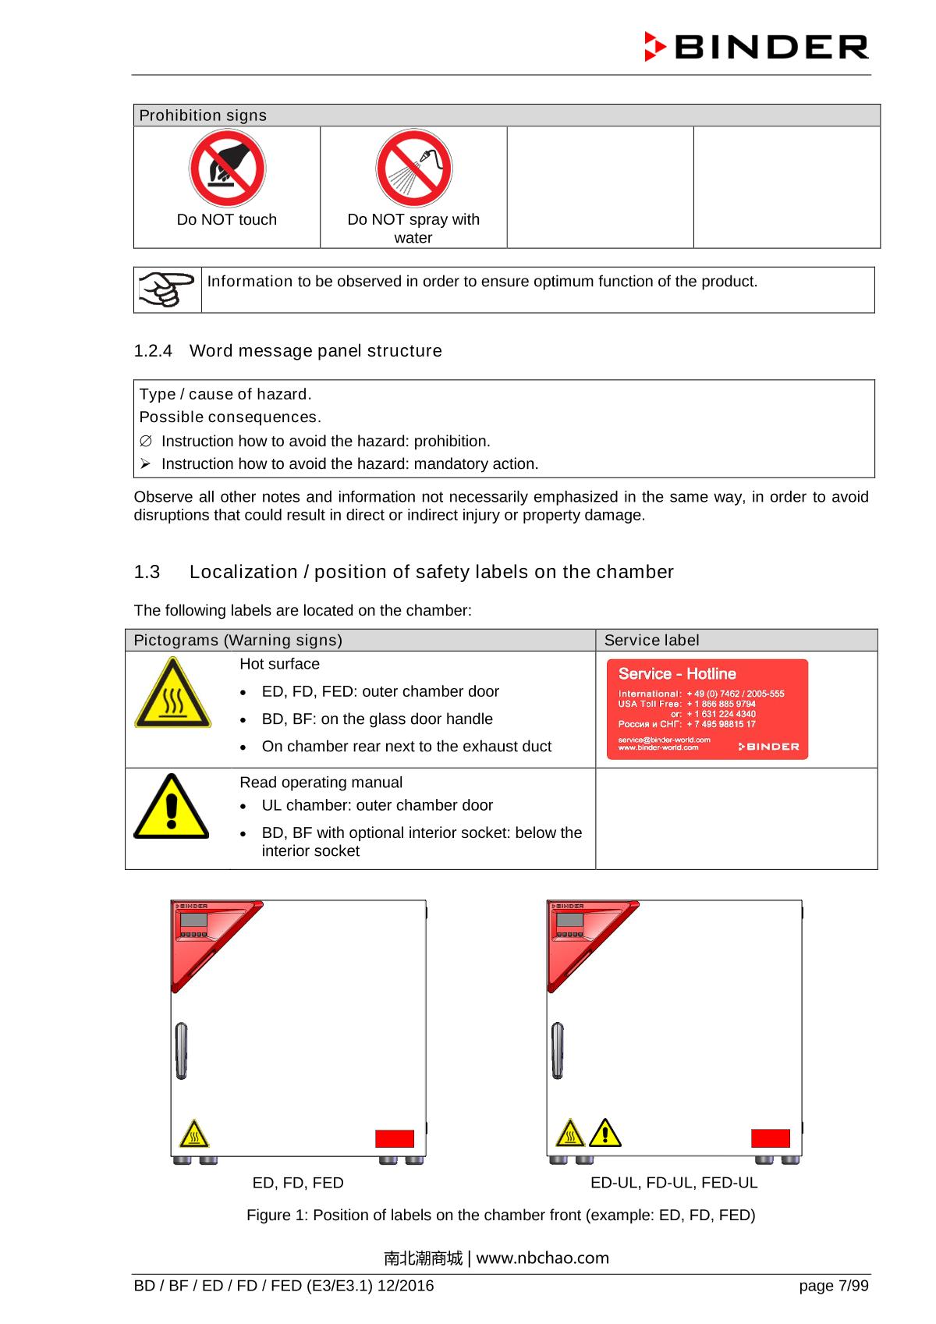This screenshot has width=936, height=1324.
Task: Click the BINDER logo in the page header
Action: (756, 47)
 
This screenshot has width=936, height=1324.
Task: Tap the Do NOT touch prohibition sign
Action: (227, 169)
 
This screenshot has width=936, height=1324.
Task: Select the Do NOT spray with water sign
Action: (413, 169)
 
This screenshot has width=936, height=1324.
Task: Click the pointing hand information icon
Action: (167, 289)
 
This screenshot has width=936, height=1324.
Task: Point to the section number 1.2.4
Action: (153, 351)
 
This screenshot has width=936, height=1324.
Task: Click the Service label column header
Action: (651, 641)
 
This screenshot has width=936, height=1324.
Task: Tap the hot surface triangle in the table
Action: (172, 693)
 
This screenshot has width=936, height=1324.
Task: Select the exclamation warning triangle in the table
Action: (171, 807)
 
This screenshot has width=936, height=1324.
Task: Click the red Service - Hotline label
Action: (707, 709)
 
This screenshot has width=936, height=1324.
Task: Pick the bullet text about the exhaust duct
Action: (406, 747)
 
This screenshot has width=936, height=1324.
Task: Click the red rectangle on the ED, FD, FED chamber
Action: (395, 1138)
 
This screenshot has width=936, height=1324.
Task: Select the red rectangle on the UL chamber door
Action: (771, 1138)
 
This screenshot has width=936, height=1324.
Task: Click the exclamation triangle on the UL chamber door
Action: (605, 1133)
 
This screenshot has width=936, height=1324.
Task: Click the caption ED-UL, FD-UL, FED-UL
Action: (674, 1183)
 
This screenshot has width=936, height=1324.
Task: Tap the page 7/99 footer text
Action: (833, 1286)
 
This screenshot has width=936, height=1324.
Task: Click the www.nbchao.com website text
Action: (543, 1258)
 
